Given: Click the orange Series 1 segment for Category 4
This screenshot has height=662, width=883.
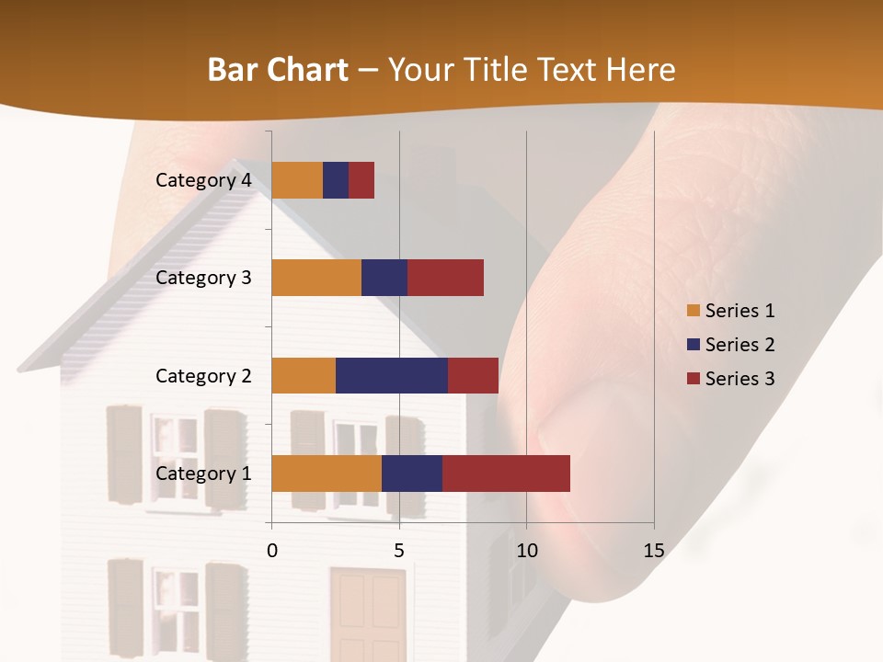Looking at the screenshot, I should [x=297, y=180].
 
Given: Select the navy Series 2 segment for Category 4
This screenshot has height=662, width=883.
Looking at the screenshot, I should [x=336, y=180].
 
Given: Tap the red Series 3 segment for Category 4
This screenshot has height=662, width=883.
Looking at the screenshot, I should [x=361, y=180].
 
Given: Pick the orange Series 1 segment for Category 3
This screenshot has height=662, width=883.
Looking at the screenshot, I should [x=316, y=278].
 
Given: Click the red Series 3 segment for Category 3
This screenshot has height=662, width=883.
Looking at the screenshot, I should [x=445, y=278].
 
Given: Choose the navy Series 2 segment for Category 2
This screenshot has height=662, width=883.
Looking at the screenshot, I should [x=392, y=375].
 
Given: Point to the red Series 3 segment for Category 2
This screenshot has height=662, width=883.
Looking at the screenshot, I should [x=473, y=375].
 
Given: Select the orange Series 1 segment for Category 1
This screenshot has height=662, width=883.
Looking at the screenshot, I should [x=327, y=474].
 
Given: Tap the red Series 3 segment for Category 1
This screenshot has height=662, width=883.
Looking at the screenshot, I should [x=506, y=474].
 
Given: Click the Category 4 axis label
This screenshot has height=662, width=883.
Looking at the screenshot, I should [x=203, y=180].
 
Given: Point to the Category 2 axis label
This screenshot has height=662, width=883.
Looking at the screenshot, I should [x=203, y=375].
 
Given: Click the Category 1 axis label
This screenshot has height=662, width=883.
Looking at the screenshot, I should [x=203, y=474].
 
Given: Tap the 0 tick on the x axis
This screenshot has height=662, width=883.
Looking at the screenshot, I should [x=272, y=551].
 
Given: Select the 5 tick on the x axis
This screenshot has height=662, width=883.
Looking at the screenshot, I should [x=399, y=551].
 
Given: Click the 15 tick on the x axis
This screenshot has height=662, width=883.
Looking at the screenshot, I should [x=654, y=551].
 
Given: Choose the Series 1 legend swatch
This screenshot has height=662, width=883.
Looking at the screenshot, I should [x=694, y=311].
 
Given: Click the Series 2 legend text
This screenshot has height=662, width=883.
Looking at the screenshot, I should [x=740, y=345].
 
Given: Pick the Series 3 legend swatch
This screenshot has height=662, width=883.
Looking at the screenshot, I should [x=694, y=379].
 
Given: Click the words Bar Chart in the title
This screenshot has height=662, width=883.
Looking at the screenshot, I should [x=277, y=70].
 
